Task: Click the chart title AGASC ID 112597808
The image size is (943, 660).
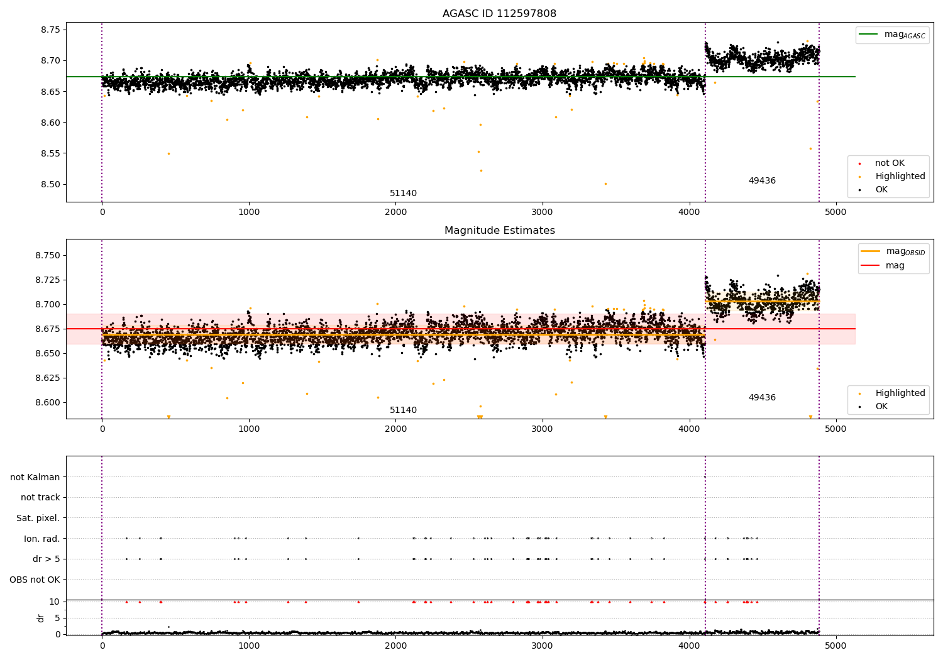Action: click(499, 14)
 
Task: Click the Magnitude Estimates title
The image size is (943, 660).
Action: click(499, 231)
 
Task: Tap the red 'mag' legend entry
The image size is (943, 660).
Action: click(895, 266)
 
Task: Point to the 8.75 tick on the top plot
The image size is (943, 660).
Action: click(50, 30)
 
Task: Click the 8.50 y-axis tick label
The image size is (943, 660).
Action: click(50, 185)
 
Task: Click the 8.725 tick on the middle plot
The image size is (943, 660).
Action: click(47, 280)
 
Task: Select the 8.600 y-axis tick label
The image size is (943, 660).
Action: click(47, 403)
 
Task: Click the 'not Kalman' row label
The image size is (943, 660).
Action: click(35, 478)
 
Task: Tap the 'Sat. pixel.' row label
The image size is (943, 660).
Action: click(38, 519)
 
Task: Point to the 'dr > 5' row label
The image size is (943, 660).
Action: click(46, 559)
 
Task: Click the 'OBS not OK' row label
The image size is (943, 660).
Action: click(35, 580)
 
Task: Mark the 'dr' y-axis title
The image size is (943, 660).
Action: click(41, 618)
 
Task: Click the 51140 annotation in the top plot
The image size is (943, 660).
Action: click(403, 194)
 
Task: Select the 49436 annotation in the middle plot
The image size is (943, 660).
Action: click(762, 398)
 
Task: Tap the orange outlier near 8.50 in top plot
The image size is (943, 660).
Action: click(605, 184)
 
